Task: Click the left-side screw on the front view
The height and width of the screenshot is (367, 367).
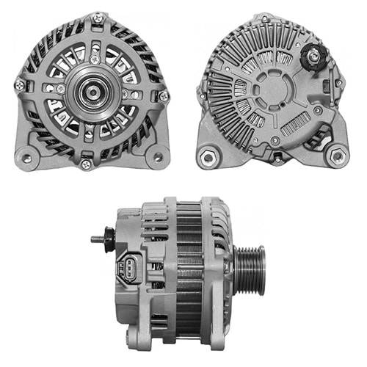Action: (20, 85)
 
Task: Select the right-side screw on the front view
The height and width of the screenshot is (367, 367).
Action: (163, 95)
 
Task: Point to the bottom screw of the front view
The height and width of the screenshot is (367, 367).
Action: (87, 163)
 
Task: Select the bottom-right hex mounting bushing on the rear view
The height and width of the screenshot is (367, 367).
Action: (336, 156)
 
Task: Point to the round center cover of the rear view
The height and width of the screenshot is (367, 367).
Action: (273, 90)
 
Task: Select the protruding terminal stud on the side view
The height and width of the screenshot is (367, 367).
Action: (98, 239)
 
